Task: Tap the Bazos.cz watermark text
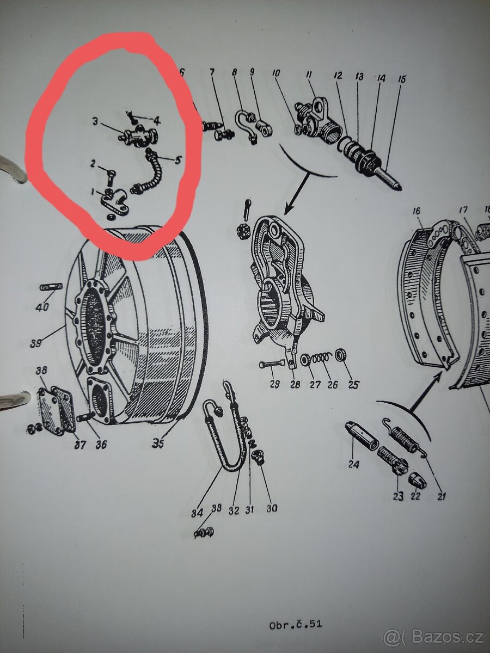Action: (433, 636)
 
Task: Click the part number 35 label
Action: (158, 443)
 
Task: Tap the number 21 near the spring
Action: (441, 496)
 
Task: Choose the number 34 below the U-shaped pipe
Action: (197, 513)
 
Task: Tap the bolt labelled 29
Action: (272, 364)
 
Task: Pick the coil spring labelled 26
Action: (325, 360)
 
